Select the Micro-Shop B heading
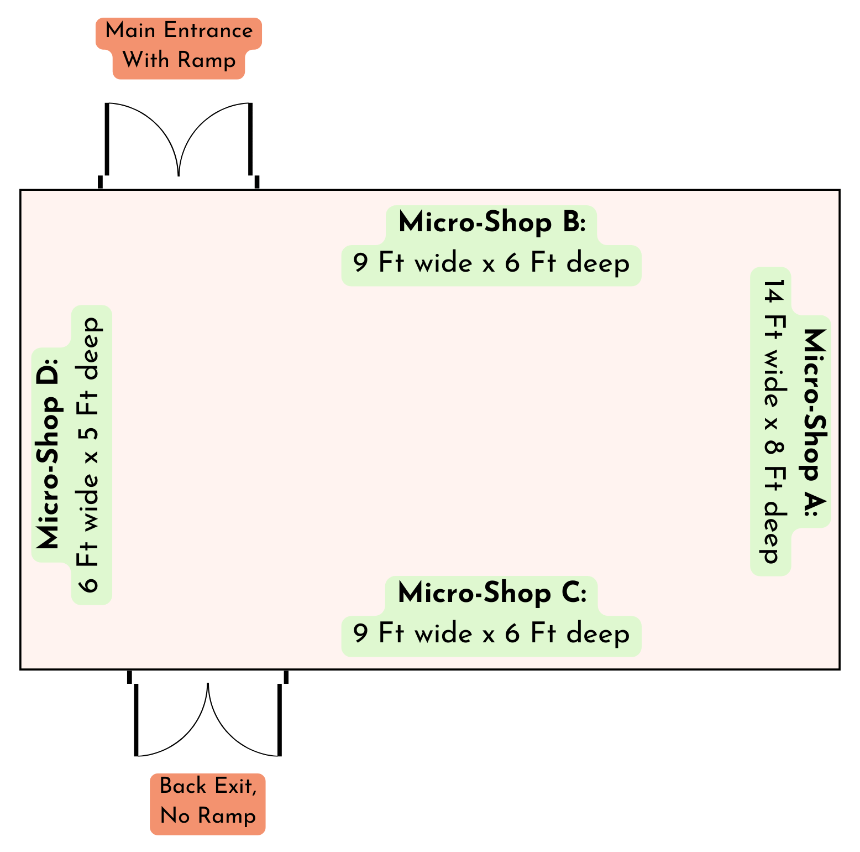pyautogui.click(x=491, y=223)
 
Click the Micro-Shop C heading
pyautogui.click(x=491, y=594)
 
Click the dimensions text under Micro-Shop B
pyautogui.click(x=491, y=264)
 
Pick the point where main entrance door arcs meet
pyautogui.click(x=179, y=175)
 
